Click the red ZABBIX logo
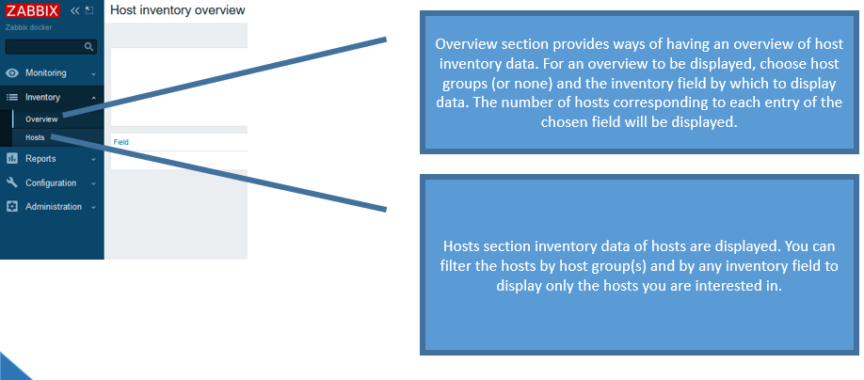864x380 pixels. point(33,10)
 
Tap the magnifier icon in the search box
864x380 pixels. point(88,47)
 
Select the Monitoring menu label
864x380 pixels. point(46,72)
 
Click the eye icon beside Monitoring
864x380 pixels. point(12,72)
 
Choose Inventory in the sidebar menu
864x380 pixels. point(42,97)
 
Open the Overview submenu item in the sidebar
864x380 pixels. point(41,119)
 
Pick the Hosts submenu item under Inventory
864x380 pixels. point(35,137)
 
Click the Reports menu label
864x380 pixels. point(40,159)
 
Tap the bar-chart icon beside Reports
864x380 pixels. point(12,159)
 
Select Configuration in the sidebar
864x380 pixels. point(51,182)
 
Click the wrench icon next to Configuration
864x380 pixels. point(12,182)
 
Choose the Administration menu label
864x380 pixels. point(54,207)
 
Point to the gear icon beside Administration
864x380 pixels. point(12,207)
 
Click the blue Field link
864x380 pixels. point(121,142)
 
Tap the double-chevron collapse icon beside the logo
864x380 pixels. point(75,10)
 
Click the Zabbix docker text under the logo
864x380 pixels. point(28,27)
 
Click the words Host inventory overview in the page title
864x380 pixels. point(178,10)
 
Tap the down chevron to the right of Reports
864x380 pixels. point(93,159)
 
